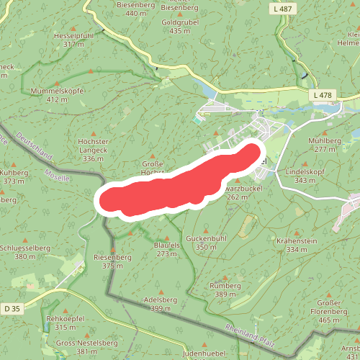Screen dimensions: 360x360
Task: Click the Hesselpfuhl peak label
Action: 73,40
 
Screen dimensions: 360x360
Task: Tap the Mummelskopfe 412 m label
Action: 58,95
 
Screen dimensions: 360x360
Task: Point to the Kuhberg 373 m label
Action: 14,177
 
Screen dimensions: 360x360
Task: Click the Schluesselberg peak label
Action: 24,251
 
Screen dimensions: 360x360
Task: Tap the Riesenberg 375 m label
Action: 113,261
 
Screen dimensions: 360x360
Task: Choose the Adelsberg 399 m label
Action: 161,303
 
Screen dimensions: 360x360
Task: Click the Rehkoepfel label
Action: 66,322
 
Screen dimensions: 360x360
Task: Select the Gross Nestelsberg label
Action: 76,347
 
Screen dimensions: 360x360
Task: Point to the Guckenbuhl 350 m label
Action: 206,242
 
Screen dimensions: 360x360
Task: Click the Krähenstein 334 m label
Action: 297,245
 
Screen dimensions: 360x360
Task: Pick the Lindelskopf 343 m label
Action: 305,176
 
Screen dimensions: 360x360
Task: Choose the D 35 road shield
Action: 12,309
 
